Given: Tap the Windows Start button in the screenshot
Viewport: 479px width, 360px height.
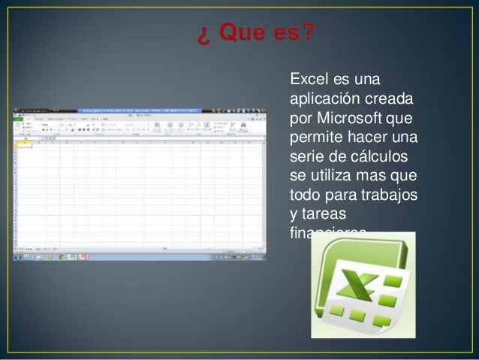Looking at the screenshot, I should pos(17,256).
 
